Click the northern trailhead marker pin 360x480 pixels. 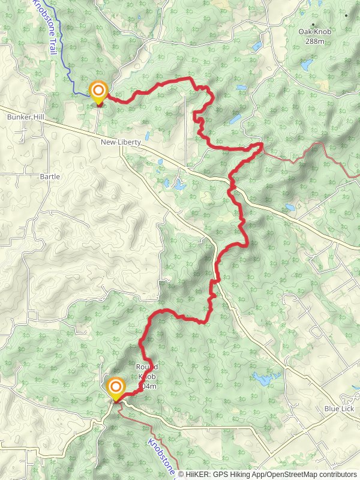coord(98,92)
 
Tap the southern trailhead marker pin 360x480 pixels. coord(115,388)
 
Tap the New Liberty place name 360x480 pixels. coord(121,142)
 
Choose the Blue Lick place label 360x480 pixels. coord(339,409)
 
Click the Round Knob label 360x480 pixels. coord(147,367)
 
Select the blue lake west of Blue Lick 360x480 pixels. coord(264,378)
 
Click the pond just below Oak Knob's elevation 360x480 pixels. coord(307,64)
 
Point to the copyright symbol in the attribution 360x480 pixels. coord(181,474)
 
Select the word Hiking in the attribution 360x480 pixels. coord(244,474)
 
